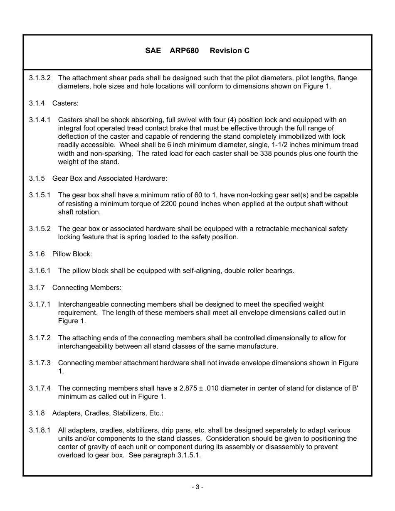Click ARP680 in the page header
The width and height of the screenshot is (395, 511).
tap(184, 51)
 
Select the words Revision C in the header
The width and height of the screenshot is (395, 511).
tap(230, 51)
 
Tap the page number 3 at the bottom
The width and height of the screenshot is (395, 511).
tap(197, 487)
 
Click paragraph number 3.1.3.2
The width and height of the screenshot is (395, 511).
tap(40, 78)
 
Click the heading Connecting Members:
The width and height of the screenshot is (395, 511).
tap(87, 287)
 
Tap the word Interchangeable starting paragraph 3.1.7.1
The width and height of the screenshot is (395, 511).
tap(84, 305)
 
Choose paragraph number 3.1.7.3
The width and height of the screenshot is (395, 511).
tap(40, 363)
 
